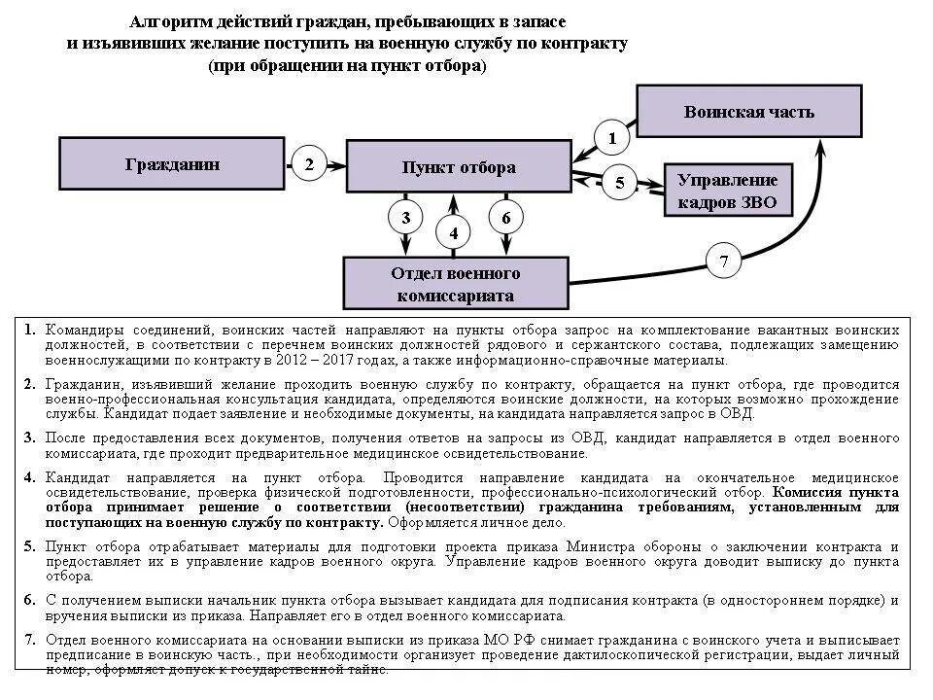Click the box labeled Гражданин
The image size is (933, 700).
click(x=173, y=163)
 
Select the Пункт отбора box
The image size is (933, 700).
click(x=459, y=167)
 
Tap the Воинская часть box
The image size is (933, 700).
click(x=748, y=111)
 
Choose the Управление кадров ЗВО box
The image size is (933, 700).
click(x=727, y=191)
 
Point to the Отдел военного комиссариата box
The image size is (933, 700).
click(x=455, y=283)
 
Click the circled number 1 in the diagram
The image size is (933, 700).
click(x=612, y=138)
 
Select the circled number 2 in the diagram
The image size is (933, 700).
click(x=309, y=164)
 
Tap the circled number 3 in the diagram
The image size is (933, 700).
click(x=406, y=217)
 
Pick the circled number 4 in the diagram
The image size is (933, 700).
click(x=453, y=233)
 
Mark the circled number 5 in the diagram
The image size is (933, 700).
click(x=620, y=182)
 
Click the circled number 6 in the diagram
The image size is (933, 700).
click(x=505, y=217)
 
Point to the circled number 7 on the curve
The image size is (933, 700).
click(x=723, y=261)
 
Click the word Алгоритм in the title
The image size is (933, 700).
click(x=164, y=21)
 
